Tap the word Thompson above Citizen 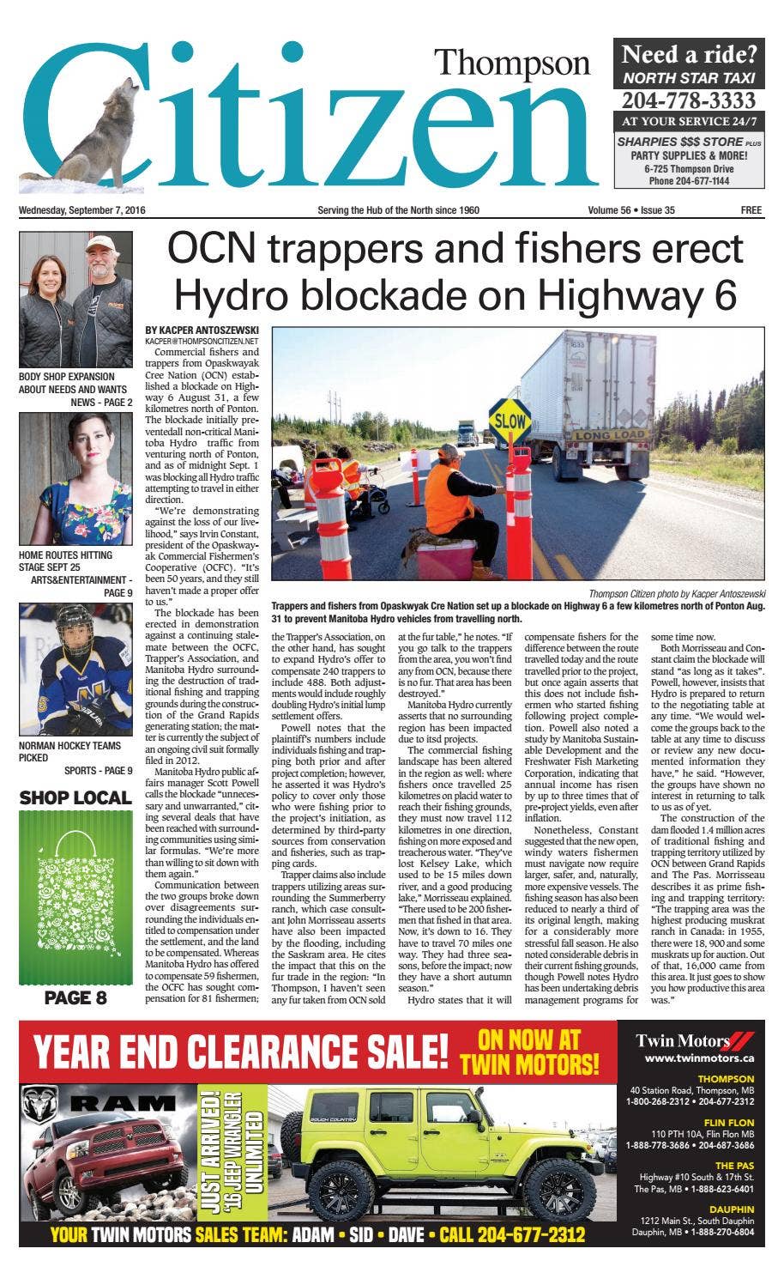coord(512,64)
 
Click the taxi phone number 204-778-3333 coord(689,100)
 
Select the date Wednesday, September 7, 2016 coord(82,210)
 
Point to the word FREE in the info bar coord(751,210)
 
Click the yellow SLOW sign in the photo coord(510,421)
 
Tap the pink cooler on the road coord(446,558)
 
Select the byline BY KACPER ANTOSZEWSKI coord(202,330)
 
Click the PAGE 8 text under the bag coord(75,997)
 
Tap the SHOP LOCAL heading coord(75,798)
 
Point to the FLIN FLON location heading coord(729,1122)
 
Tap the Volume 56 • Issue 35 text coord(631,210)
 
